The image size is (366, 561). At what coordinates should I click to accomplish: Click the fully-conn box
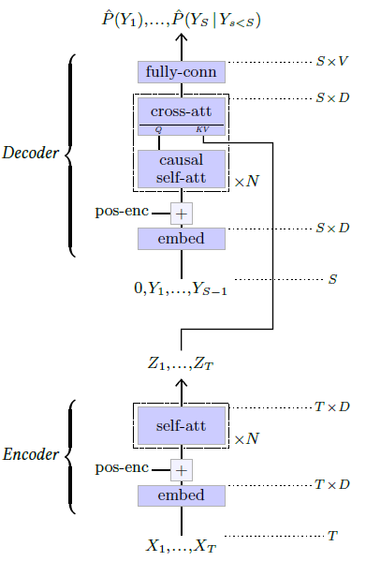[x=182, y=71]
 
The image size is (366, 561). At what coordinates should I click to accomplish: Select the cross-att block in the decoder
[x=182, y=112]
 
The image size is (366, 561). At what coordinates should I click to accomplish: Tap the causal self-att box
[x=182, y=169]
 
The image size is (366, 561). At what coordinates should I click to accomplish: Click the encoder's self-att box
[x=182, y=427]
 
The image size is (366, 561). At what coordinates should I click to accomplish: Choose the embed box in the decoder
[x=182, y=238]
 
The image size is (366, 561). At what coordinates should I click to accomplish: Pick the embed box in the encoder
[x=182, y=495]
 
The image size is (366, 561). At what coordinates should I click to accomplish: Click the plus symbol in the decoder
[x=182, y=214]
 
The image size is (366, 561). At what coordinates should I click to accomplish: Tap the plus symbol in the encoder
[x=182, y=470]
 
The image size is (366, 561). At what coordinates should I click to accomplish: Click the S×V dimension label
[x=331, y=62]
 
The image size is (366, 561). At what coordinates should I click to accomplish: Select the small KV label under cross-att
[x=203, y=130]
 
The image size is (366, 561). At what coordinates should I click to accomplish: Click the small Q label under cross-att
[x=158, y=130]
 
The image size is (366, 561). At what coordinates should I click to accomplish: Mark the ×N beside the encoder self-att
[x=245, y=438]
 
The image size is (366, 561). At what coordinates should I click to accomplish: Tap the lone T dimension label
[x=332, y=537]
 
